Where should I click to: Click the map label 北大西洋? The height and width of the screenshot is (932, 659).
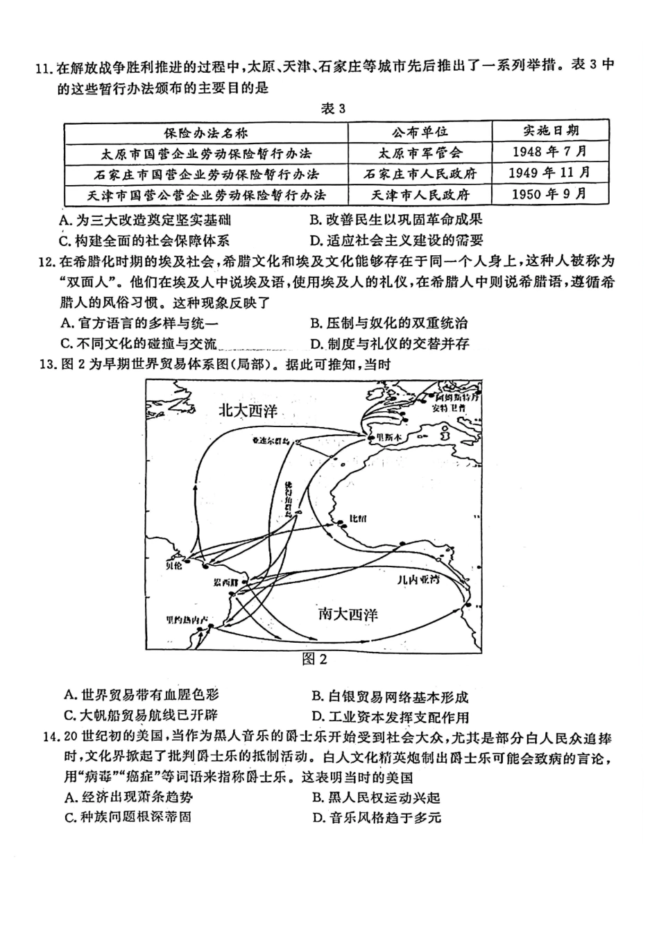pos(248,411)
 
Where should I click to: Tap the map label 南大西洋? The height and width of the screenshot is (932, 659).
pos(348,613)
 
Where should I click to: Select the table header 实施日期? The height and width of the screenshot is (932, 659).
pos(551,130)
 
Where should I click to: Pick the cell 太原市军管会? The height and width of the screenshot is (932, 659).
pos(420,153)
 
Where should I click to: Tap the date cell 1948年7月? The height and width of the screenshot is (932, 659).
pos(550,151)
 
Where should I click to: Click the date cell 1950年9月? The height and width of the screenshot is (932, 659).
pos(550,193)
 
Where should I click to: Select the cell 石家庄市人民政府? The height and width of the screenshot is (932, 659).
pos(420,173)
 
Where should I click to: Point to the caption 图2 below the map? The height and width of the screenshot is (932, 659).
pos(314,659)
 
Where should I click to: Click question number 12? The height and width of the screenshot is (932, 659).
pos(45,262)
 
